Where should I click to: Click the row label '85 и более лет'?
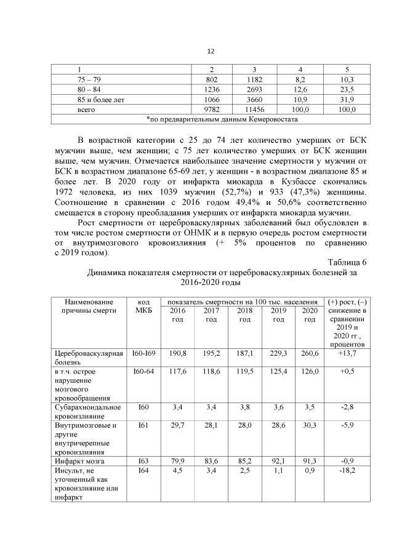point(94,99)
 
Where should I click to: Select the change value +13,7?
point(348,354)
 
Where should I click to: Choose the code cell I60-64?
point(143,372)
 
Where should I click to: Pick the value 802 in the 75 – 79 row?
point(211,80)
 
